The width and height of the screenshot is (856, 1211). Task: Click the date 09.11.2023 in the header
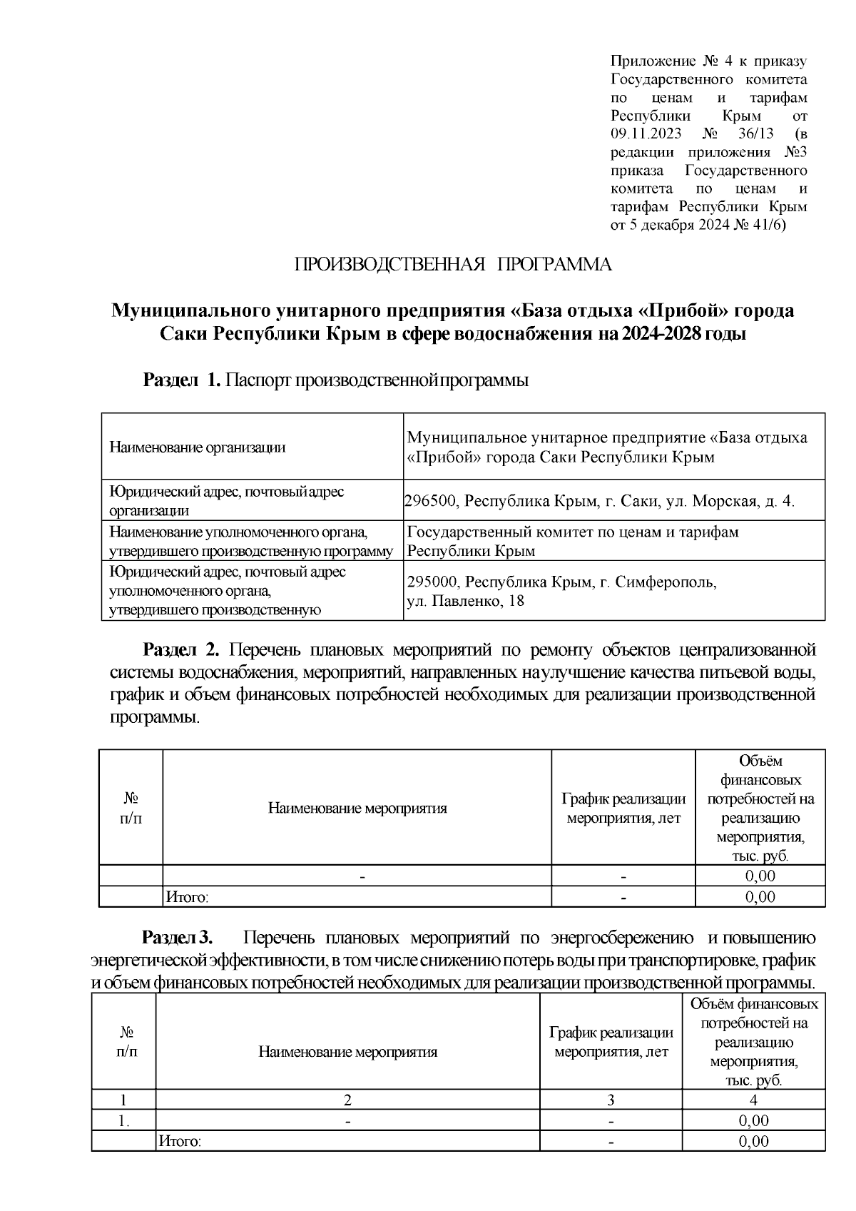tap(646, 133)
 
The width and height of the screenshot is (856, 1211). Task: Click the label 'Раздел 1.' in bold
tap(182, 380)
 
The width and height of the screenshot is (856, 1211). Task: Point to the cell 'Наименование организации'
tap(198, 447)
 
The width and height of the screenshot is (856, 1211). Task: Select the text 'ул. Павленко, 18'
tap(465, 601)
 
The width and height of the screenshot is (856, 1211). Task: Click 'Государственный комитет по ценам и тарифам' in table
tap(573, 532)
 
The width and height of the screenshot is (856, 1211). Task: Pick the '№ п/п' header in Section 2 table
tap(131, 808)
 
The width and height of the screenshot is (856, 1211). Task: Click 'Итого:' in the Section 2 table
tap(187, 897)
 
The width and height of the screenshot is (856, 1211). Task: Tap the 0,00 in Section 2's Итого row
tap(760, 897)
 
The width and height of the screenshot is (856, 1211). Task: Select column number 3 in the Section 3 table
tap(611, 1100)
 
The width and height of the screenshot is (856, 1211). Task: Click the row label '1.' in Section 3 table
tap(124, 1121)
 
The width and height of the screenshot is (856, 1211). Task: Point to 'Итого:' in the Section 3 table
tap(180, 1142)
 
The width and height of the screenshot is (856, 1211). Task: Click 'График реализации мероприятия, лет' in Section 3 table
tap(611, 1042)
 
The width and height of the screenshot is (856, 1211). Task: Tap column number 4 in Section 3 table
tap(753, 1100)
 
